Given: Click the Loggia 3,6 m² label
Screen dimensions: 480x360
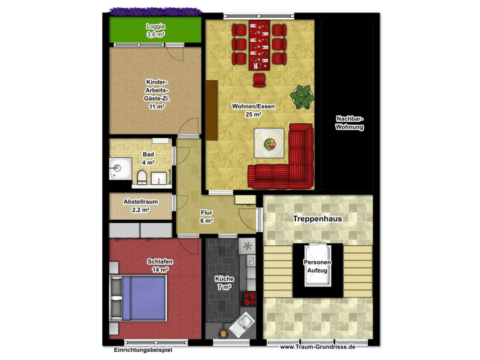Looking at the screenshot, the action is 156,31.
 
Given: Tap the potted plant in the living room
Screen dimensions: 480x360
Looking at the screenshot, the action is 302,97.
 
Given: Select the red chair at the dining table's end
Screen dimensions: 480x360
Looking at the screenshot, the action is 259,80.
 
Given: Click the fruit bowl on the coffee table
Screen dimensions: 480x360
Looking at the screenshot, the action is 270,144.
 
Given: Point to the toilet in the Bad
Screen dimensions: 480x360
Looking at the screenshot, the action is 142,177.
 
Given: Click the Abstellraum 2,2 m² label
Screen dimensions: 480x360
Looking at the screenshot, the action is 141,206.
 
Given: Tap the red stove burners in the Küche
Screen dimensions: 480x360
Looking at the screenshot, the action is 248,299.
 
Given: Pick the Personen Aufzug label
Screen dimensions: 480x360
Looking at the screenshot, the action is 317,266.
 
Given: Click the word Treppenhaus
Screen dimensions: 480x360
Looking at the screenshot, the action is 317,219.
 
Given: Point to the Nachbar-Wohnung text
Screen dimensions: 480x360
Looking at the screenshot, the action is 349,123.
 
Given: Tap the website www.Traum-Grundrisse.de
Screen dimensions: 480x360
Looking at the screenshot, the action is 318,347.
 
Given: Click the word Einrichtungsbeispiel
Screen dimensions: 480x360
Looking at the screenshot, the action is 143,349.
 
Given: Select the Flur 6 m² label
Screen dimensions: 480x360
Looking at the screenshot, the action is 206,216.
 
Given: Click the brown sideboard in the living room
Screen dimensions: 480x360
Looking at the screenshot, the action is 212,110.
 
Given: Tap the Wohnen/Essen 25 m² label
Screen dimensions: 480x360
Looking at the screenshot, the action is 253,110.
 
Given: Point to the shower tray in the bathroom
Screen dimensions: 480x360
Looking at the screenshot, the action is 120,168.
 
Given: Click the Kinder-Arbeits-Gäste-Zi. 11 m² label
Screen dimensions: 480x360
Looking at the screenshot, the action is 157,94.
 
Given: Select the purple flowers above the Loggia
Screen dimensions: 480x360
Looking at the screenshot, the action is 156,12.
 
